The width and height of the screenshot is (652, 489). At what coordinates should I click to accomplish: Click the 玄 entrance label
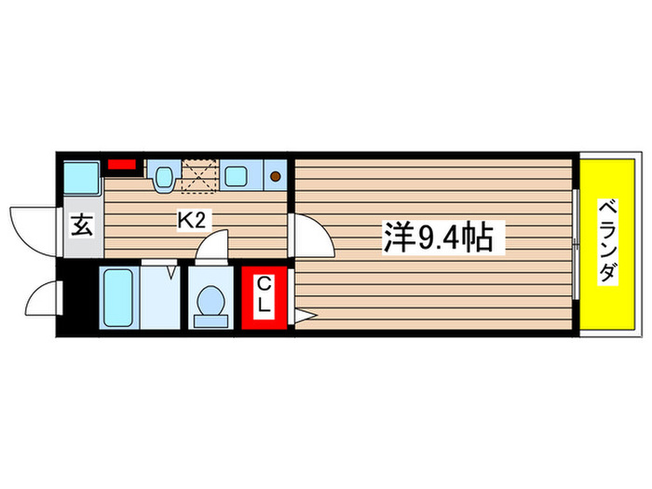82,226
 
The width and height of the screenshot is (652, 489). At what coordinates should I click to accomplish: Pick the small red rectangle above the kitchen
120,166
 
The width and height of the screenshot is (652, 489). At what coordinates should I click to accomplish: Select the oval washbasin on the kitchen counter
165,175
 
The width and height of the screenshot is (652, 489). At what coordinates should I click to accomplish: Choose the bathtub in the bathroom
117,296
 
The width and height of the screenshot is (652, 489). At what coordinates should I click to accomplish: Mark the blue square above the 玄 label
82,177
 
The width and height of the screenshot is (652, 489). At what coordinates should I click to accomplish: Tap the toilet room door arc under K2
213,248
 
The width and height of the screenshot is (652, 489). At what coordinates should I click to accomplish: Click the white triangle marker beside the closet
298,316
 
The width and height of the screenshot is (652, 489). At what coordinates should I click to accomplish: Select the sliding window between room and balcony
577,244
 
